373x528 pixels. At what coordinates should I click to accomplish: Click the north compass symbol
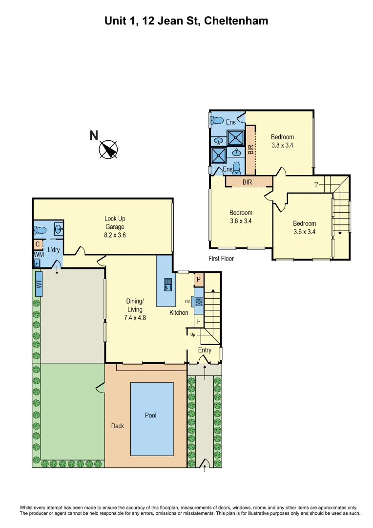pos(108,149)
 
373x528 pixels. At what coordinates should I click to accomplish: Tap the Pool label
pos(151,416)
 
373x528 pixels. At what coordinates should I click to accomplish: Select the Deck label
pos(118,426)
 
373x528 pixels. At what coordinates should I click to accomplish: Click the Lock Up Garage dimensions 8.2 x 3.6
pos(115,235)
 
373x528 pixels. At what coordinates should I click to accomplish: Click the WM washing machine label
pos(38,255)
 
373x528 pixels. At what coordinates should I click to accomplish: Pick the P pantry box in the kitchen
pos(199,280)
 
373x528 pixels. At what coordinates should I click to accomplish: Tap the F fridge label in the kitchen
pos(198,321)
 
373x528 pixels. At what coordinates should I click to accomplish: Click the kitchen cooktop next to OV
pos(199,301)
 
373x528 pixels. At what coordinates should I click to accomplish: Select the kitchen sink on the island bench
pos(167,284)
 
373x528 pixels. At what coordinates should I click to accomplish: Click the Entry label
pos(205,350)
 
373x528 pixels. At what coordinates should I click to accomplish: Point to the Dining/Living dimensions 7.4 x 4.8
pos(135,317)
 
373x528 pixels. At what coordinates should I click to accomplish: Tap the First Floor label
pos(221,259)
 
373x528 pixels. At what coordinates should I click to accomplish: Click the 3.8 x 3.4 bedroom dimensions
pos(283,145)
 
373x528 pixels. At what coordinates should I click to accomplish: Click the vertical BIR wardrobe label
pos(250,149)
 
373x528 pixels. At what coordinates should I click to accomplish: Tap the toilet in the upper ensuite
pos(215,120)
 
